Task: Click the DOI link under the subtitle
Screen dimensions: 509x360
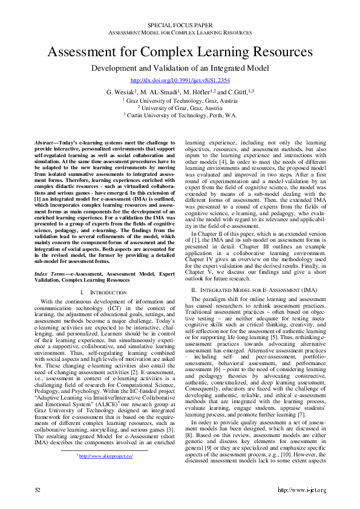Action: pyautogui.click(x=180, y=80)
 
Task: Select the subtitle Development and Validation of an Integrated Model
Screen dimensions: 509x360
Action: pyautogui.click(x=180, y=68)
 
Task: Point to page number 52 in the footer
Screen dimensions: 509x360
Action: pyautogui.click(x=38, y=490)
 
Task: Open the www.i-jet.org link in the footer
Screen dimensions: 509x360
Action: pyautogui.click(x=301, y=490)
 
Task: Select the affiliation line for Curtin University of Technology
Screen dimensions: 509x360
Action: pyautogui.click(x=180, y=114)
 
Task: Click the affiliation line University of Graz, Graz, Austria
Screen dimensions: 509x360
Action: pyautogui.click(x=180, y=107)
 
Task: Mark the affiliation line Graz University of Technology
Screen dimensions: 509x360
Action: pyautogui.click(x=180, y=100)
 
